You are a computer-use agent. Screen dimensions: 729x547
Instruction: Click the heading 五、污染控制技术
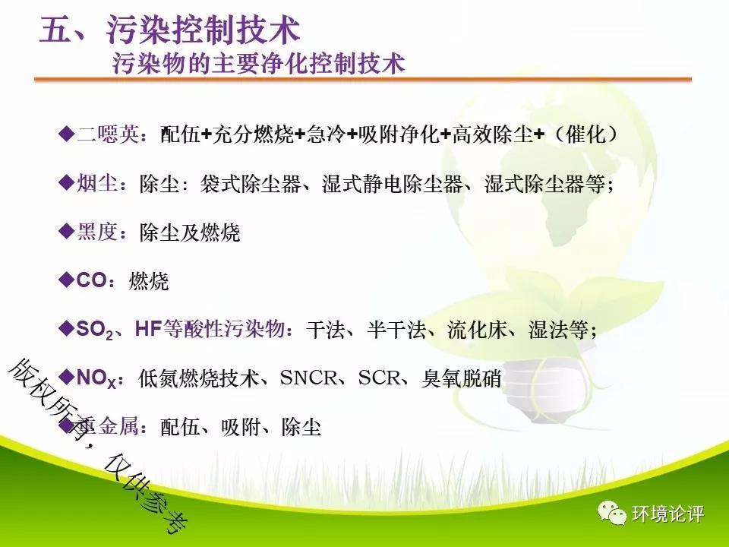tap(169, 30)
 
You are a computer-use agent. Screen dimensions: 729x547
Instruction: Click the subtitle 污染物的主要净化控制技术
tap(258, 64)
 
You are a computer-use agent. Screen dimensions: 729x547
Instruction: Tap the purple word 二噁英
tap(108, 134)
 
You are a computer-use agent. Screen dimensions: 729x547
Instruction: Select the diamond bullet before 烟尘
tap(67, 182)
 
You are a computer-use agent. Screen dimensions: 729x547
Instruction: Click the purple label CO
tap(92, 280)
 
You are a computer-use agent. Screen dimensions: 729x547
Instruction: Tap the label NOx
tap(96, 378)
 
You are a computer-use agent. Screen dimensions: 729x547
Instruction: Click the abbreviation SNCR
tap(308, 378)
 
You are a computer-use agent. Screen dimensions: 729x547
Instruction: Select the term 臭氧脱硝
tap(461, 378)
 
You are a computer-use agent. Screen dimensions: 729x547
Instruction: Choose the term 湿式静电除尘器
tap(393, 184)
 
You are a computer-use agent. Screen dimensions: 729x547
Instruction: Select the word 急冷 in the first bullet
tap(326, 134)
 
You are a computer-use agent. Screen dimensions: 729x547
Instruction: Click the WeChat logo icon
tap(612, 513)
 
